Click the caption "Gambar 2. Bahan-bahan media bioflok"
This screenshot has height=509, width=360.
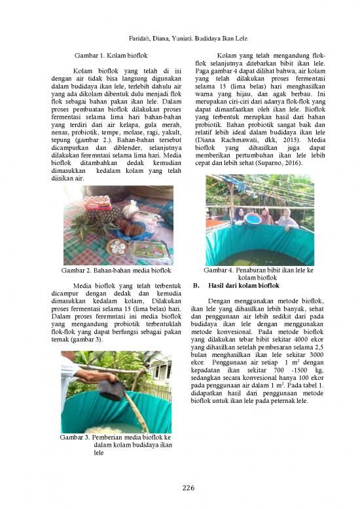[116, 270]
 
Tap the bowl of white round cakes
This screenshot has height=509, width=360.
[118, 247]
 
